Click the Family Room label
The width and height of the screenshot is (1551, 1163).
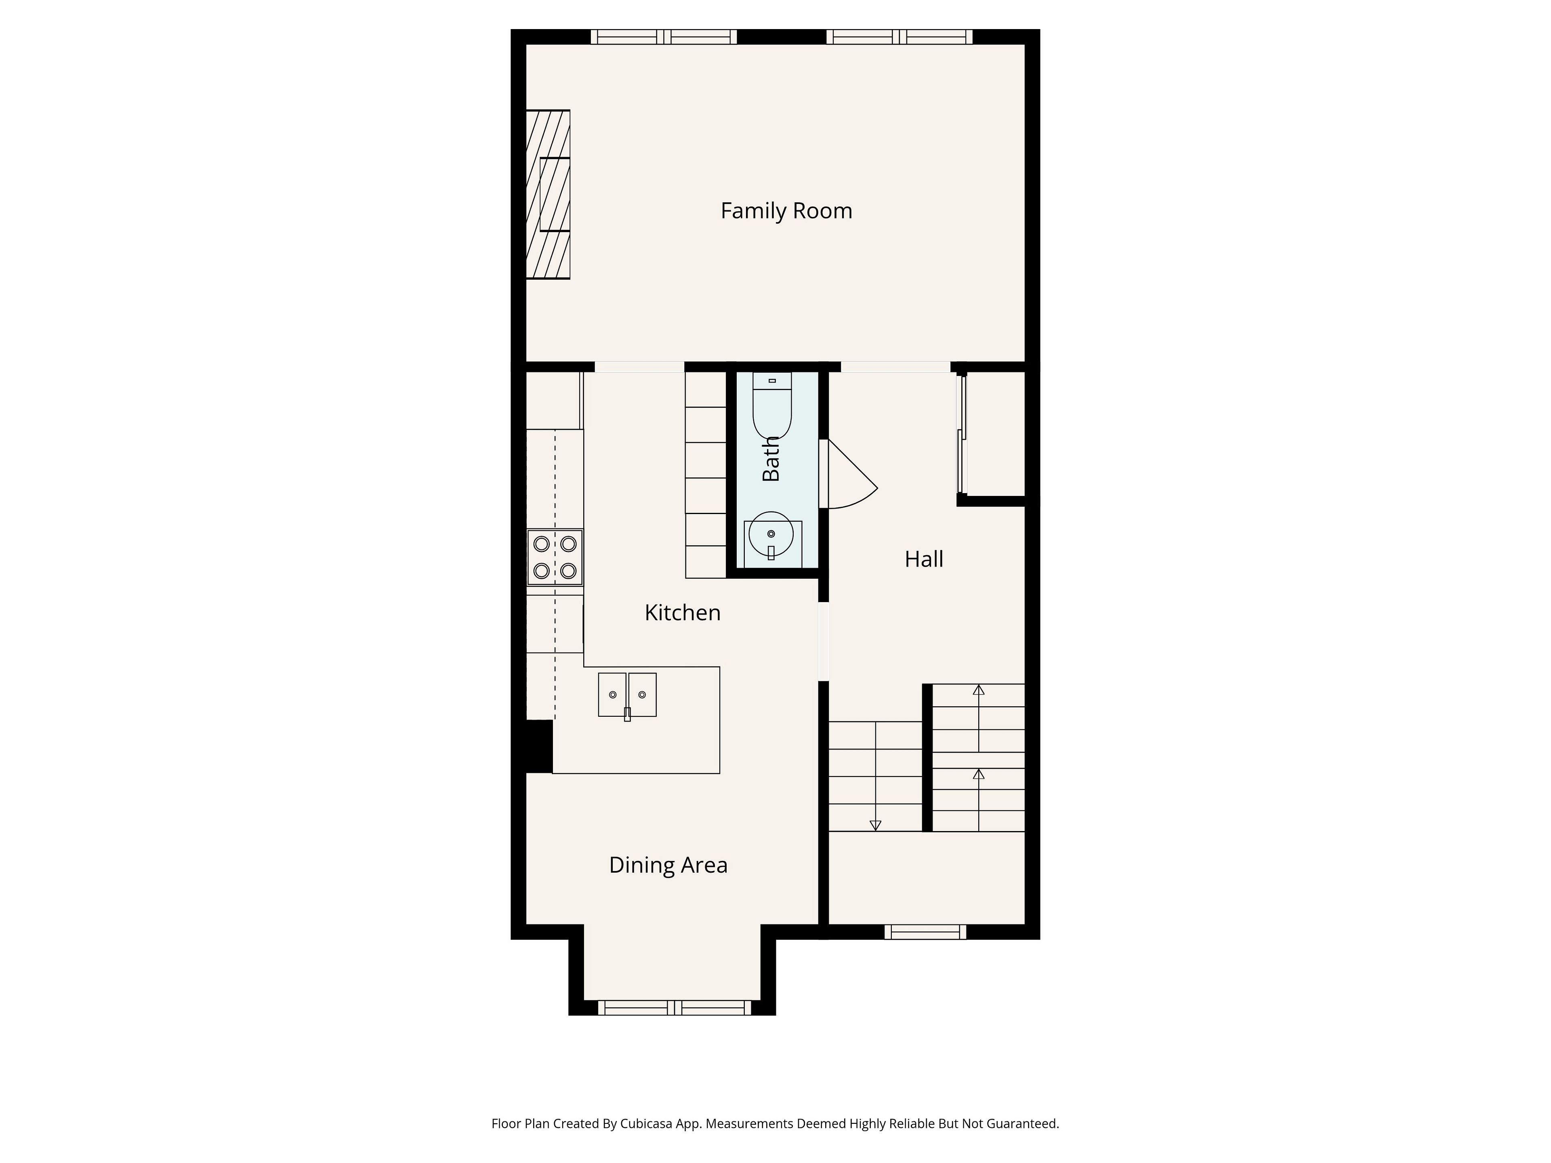click(x=786, y=211)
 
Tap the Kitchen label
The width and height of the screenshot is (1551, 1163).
click(x=682, y=613)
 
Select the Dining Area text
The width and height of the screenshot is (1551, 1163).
click(x=668, y=865)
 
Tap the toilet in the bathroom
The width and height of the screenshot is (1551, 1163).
click(x=772, y=405)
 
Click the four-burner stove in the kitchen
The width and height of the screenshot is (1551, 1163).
click(x=555, y=557)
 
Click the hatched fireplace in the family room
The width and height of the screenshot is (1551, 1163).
click(x=549, y=194)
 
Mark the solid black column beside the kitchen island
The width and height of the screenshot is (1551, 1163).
click(x=539, y=747)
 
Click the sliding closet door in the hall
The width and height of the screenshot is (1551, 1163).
click(x=962, y=435)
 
